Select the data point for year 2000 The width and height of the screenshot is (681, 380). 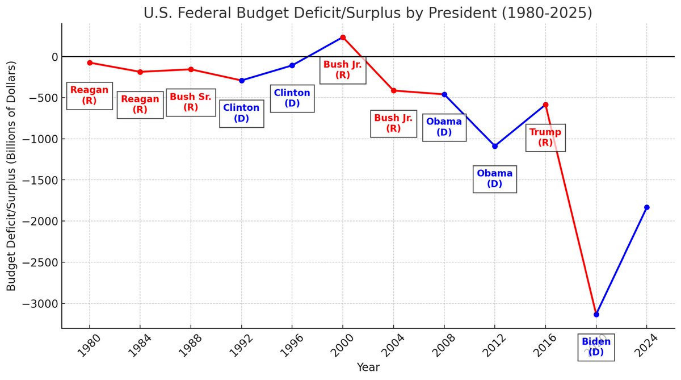(x=343, y=37)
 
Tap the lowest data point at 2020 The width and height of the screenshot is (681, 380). (x=596, y=314)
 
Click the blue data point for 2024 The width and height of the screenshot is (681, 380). (x=646, y=207)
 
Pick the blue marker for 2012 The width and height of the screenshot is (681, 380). (x=495, y=146)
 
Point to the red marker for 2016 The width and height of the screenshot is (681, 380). (x=545, y=105)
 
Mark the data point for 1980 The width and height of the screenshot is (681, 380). (x=90, y=62)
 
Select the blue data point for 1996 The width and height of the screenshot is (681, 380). (x=292, y=65)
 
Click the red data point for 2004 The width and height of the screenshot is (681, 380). (x=393, y=90)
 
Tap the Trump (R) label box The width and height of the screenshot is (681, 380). (x=545, y=137)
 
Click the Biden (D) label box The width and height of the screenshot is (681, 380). (x=596, y=346)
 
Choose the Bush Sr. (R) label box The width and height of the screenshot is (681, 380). (x=191, y=102)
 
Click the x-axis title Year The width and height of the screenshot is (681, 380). (x=368, y=368)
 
